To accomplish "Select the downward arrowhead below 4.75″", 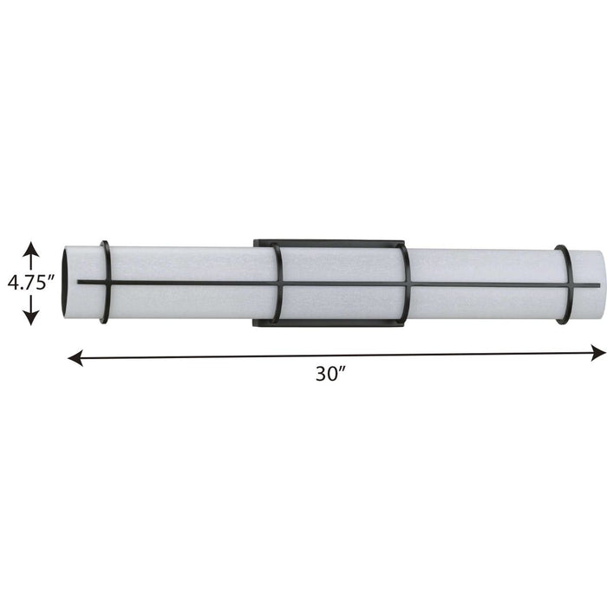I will click(31, 317).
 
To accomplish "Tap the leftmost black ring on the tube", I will click(105, 283).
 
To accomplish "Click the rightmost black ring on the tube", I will click(565, 284).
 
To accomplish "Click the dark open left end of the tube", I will click(67, 283).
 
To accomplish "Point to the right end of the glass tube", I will click(599, 284).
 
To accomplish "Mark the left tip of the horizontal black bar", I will click(79, 283).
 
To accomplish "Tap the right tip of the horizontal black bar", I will click(597, 285).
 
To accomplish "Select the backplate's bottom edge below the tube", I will click(330, 324).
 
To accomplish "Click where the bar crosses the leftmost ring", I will click(108, 283).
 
